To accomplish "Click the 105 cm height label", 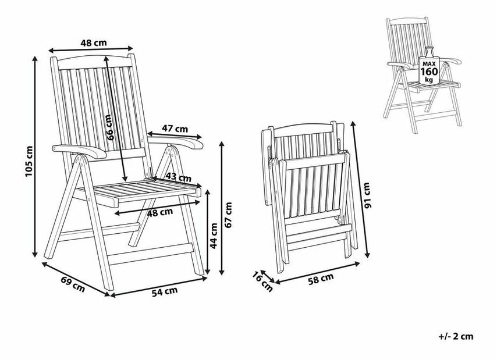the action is [x=29, y=162].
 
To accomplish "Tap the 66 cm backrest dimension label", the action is [x=109, y=127].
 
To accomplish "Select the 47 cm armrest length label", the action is [x=175, y=129].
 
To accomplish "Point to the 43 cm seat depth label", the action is [x=179, y=177].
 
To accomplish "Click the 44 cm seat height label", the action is [x=214, y=236].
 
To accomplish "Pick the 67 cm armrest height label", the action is [x=228, y=215].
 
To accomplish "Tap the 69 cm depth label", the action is [x=73, y=284].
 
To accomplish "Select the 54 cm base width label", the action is [x=165, y=291].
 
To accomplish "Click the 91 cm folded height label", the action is [x=367, y=195].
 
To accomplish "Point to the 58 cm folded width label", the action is [x=321, y=279].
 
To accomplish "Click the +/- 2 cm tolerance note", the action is [x=456, y=336].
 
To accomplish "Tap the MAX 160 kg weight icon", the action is [x=429, y=66].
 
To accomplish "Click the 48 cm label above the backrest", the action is [x=94, y=42].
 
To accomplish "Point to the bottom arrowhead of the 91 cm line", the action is [x=368, y=255].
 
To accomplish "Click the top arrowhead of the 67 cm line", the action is [x=222, y=144].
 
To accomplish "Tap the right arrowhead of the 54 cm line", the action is [x=204, y=279].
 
